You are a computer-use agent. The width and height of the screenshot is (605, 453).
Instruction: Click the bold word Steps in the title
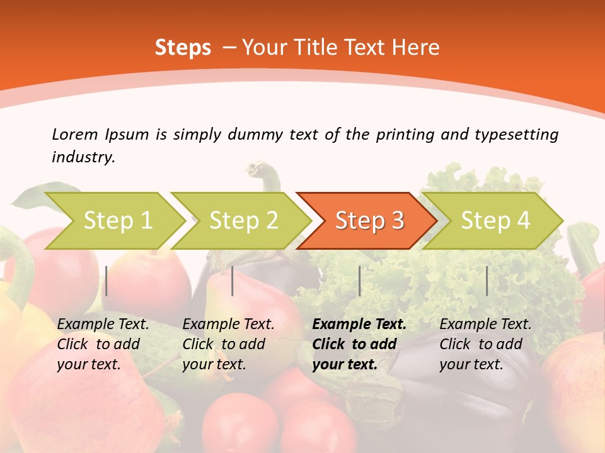183,48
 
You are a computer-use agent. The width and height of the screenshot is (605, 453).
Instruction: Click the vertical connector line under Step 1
107,281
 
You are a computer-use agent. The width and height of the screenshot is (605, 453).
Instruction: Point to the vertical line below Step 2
233,281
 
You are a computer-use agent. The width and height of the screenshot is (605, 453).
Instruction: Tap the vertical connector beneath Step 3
359,281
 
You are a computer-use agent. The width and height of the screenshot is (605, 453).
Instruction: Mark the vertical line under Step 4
487,281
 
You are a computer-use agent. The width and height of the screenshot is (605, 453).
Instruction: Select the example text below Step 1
103,344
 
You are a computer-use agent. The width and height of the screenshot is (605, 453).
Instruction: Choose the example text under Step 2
228,344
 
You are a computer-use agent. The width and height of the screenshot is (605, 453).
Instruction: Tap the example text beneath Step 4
485,344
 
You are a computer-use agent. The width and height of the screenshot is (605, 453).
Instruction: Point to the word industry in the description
83,157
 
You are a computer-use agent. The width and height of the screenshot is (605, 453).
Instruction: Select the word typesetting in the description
516,135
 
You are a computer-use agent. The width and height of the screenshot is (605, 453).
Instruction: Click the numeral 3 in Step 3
397,221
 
